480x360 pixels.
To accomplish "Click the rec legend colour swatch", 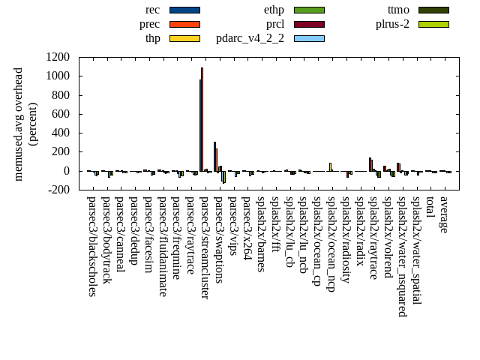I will click(184, 10).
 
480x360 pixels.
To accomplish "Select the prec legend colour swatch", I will click(184, 24).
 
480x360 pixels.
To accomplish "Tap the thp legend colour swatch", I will click(184, 37).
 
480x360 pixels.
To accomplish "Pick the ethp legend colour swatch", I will click(309, 10).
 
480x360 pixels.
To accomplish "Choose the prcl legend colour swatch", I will click(309, 24).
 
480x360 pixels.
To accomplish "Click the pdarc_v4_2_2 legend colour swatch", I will click(309, 37).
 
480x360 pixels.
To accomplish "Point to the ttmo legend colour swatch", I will click(433, 10).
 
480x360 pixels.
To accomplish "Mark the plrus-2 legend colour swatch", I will click(433, 24).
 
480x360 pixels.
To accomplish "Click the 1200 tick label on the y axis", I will click(58, 57).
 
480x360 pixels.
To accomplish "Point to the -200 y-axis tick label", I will click(58, 190).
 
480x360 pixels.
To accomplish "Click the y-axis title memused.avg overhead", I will click(19, 124).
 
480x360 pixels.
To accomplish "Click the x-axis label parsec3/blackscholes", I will click(92, 246).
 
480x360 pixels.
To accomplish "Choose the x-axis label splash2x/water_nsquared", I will click(402, 256).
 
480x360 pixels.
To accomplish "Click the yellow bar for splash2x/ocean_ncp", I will click(330, 167).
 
